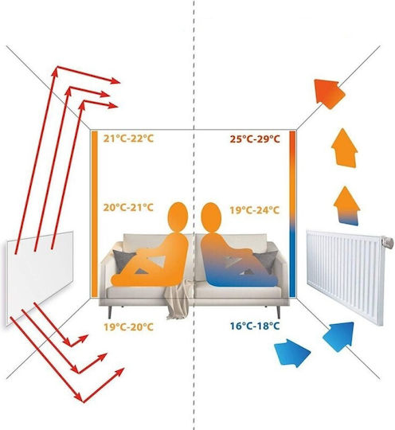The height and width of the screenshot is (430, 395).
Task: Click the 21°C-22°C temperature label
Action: point(128,139)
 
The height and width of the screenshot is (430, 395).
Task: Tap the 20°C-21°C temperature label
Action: point(128,207)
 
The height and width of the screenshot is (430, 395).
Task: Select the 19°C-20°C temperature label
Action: point(128,327)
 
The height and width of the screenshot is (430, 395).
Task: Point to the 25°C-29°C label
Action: point(255,139)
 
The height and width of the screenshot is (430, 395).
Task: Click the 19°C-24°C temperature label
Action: point(255,210)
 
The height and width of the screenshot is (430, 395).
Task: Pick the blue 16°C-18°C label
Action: point(255,326)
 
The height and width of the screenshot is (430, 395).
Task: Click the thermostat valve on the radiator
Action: point(387,242)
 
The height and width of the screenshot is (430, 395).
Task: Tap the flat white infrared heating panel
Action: point(40,277)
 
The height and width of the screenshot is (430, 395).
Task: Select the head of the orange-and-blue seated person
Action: point(211,217)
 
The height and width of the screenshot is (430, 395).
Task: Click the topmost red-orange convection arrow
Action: point(329,93)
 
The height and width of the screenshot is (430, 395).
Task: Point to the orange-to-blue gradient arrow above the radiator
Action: point(346,206)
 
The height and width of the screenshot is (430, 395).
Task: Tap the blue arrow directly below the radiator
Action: point(339,336)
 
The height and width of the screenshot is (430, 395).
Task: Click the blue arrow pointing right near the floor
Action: point(292,353)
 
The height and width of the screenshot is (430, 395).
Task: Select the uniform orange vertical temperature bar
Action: point(94,214)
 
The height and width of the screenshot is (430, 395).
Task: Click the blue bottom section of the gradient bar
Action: point(292,264)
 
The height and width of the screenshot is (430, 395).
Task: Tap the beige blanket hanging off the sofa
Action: point(178,300)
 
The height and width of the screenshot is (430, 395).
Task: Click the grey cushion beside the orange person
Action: point(123,260)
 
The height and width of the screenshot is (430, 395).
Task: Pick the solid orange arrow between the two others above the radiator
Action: point(345,148)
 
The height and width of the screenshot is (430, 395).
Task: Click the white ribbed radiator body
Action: point(345,277)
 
